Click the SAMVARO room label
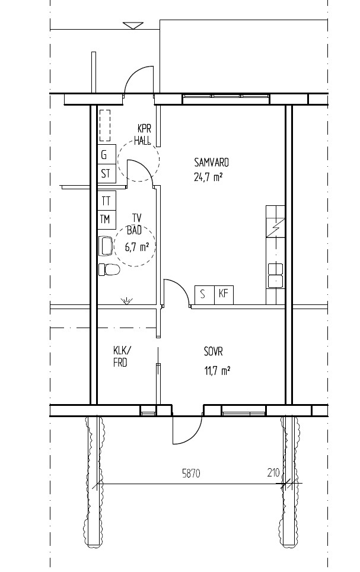(211, 162)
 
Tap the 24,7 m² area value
(208, 177)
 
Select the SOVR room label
(214, 352)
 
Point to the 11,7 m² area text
(217, 371)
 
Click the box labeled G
(107, 154)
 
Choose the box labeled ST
(107, 174)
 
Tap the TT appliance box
(107, 201)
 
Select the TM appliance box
(107, 220)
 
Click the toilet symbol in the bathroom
(109, 269)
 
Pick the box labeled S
(202, 294)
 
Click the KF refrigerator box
(224, 294)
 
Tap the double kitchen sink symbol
(275, 275)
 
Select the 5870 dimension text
(191, 474)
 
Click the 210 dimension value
(273, 473)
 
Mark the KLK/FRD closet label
(122, 357)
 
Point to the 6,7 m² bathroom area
(137, 247)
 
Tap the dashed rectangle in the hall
(105, 125)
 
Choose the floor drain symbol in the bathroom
(126, 301)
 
